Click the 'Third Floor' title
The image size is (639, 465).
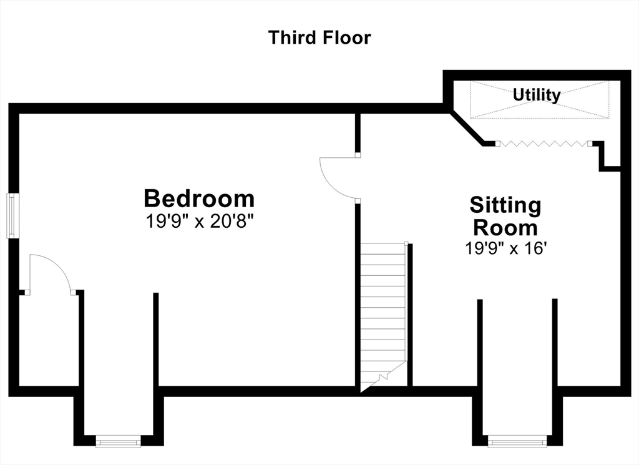pos(319,37)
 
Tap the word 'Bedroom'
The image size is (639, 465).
pos(199,198)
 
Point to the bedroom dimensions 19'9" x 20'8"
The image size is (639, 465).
pos(200,222)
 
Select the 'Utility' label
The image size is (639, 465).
pos(536,95)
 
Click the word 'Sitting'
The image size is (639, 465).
pos(505,205)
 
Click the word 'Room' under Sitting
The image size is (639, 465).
pos(505,228)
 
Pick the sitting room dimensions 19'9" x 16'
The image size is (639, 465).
pos(505,248)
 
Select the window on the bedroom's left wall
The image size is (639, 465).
pos(13,216)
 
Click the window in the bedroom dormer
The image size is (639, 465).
pos(118,441)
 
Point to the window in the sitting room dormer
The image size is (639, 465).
pos(517,441)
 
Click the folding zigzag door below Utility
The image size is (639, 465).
pos(544,143)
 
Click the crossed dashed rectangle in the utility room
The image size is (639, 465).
pos(540,100)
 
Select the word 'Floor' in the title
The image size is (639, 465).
pos(346,37)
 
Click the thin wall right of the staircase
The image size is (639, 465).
pos(411,315)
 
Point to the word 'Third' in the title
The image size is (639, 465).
pos(293,37)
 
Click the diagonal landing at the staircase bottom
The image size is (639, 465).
pos(384,376)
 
